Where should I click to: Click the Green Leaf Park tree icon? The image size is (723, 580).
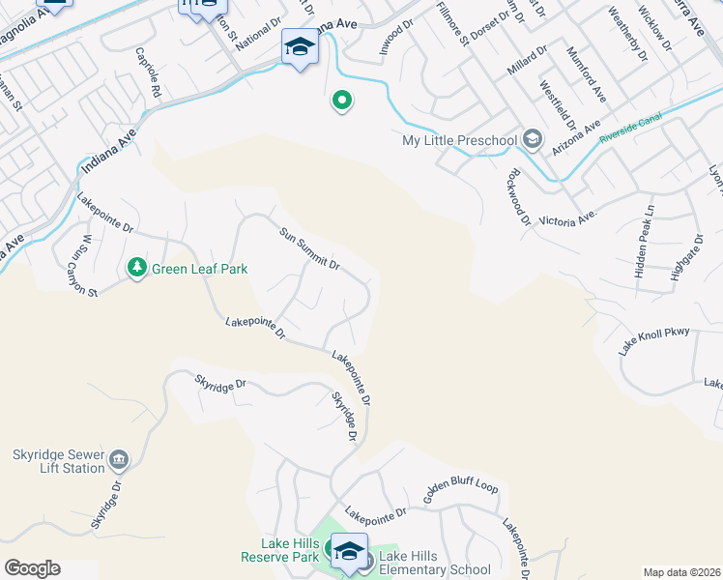[137, 267]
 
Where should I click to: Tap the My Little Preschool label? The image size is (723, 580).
[459, 141]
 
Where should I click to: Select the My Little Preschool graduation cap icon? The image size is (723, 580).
[531, 141]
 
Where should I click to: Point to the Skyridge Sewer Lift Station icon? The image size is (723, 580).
[119, 457]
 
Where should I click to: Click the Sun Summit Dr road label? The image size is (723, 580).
[310, 249]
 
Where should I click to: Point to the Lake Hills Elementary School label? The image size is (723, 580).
[435, 563]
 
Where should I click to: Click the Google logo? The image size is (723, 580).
[31, 568]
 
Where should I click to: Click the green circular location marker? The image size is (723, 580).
[341, 100]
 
